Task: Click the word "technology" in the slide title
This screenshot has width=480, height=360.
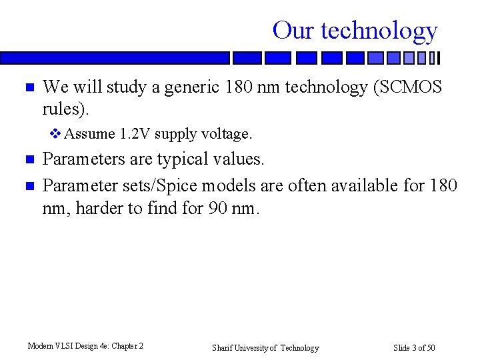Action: [379, 31]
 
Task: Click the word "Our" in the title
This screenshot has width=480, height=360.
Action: [293, 31]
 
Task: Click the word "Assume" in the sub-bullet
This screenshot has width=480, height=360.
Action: [90, 134]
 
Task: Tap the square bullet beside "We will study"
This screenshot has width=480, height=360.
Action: [28, 88]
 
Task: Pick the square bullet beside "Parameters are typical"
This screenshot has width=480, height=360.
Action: [28, 160]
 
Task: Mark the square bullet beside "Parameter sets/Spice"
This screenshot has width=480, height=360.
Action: [28, 185]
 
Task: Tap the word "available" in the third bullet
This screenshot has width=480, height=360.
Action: [367, 185]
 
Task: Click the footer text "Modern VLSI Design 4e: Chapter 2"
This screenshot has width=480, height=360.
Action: [85, 346]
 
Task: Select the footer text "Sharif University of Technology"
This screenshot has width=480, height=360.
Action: [265, 348]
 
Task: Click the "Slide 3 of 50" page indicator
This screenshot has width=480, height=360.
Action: [414, 348]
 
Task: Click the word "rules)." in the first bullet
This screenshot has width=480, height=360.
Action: [65, 109]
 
